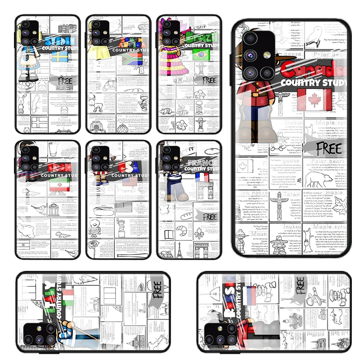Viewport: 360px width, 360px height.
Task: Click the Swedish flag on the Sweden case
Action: [59, 57]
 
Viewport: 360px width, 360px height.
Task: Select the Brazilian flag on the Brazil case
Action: [200, 55]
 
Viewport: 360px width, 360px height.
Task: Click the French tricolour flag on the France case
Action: [202, 177]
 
